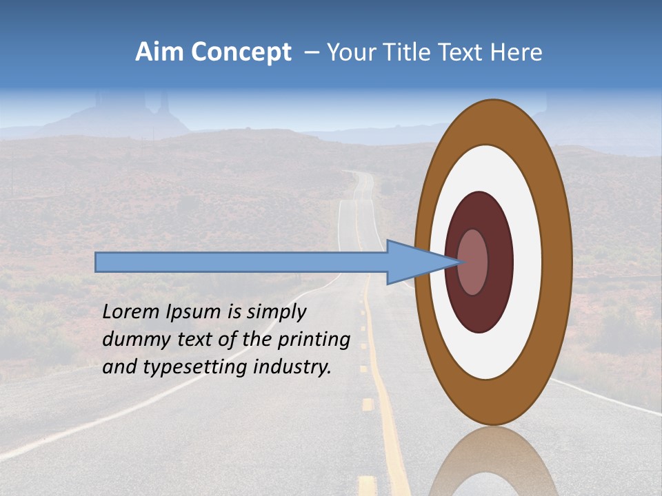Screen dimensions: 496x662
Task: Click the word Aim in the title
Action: click(x=157, y=52)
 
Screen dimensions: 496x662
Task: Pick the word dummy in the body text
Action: click(x=131, y=340)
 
